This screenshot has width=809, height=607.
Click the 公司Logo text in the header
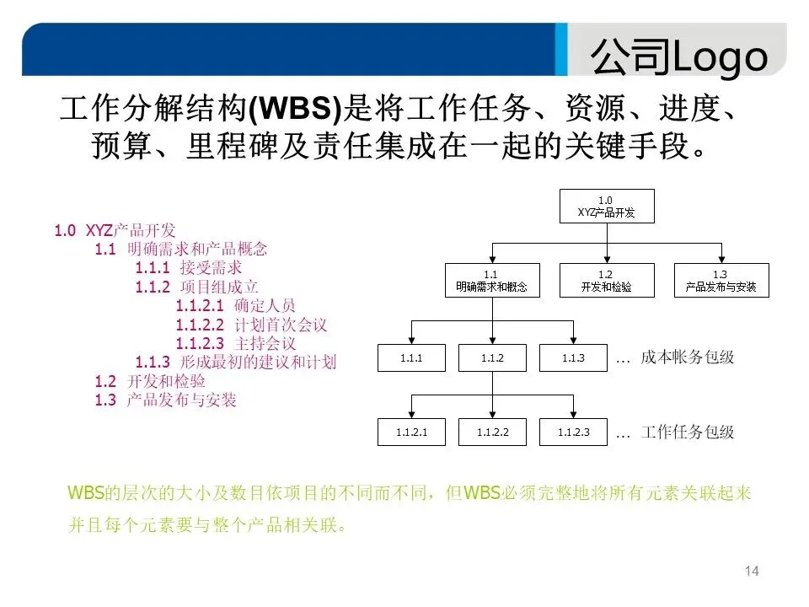(679, 57)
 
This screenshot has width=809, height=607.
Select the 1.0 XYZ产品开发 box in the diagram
(605, 207)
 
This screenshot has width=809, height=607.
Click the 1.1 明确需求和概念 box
(491, 281)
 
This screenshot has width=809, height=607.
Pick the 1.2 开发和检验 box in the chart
(606, 281)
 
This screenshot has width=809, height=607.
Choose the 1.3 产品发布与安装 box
(720, 281)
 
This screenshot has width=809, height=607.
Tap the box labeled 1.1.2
(491, 358)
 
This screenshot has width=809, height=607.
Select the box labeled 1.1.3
(572, 358)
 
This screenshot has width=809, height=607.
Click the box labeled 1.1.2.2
(491, 432)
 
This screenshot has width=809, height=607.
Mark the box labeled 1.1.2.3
(572, 432)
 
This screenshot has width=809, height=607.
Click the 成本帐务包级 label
(687, 357)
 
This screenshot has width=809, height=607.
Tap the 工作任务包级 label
(687, 432)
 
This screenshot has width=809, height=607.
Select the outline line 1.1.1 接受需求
(189, 267)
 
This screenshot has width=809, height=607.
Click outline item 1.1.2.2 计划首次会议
(251, 325)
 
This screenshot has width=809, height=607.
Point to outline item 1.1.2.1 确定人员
(236, 305)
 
